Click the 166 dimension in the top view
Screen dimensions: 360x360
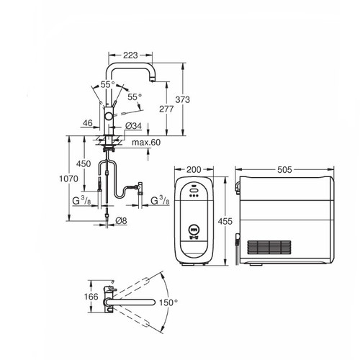point(90,296)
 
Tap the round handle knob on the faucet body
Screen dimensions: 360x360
point(108,115)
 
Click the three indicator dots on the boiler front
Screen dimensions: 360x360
point(193,201)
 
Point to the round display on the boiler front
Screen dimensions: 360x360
point(193,231)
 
